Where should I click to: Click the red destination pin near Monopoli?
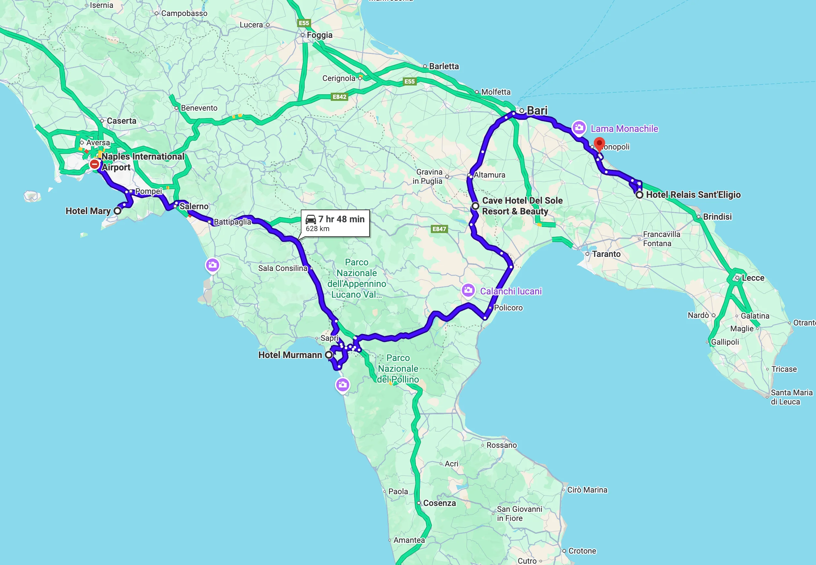click(x=599, y=144)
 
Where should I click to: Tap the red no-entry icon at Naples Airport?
click(x=95, y=164)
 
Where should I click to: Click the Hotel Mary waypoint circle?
click(x=117, y=211)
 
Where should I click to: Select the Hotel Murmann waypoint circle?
click(x=329, y=355)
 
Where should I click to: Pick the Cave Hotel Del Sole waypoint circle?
click(x=476, y=206)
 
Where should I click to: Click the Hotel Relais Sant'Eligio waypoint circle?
click(x=639, y=195)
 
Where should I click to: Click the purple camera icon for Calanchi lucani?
click(x=468, y=290)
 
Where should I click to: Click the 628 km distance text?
click(x=317, y=229)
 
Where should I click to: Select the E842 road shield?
click(x=339, y=97)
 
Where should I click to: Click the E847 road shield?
click(x=439, y=229)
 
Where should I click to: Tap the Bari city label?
click(x=537, y=110)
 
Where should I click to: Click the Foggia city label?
click(x=319, y=35)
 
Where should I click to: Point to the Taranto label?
click(x=606, y=254)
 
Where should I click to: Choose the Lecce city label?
click(x=753, y=278)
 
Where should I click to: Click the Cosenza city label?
click(x=439, y=503)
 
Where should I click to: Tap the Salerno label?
click(x=194, y=206)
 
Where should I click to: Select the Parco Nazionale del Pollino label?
click(x=398, y=369)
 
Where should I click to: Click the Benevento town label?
click(x=199, y=108)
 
